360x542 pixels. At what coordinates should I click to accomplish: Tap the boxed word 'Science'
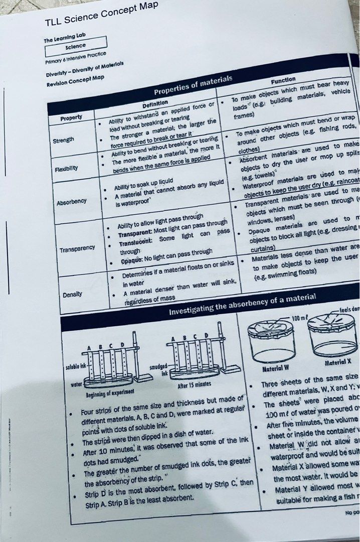(x=75, y=46)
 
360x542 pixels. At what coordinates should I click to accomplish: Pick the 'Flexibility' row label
(x=65, y=169)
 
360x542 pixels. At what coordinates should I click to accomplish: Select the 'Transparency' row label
(x=77, y=248)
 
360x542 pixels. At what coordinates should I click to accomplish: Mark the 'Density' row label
(x=73, y=294)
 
